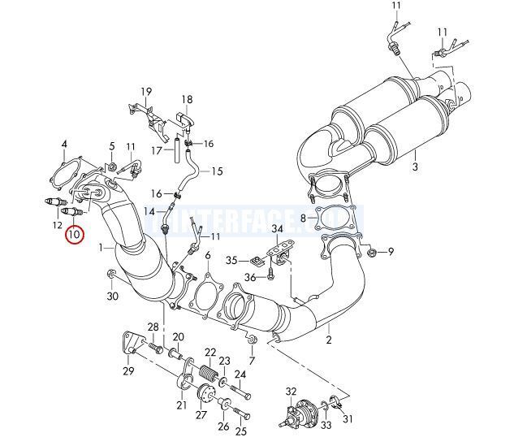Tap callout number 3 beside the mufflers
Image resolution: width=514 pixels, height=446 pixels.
coord(414,167)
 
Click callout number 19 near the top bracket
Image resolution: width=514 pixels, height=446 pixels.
coord(146,91)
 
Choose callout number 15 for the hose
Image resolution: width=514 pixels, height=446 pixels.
coord(217,171)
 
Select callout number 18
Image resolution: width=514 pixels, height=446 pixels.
coord(187,101)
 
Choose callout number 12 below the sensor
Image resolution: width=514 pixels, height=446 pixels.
coord(58,224)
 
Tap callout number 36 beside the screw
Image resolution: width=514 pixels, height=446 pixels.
coord(251,278)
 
